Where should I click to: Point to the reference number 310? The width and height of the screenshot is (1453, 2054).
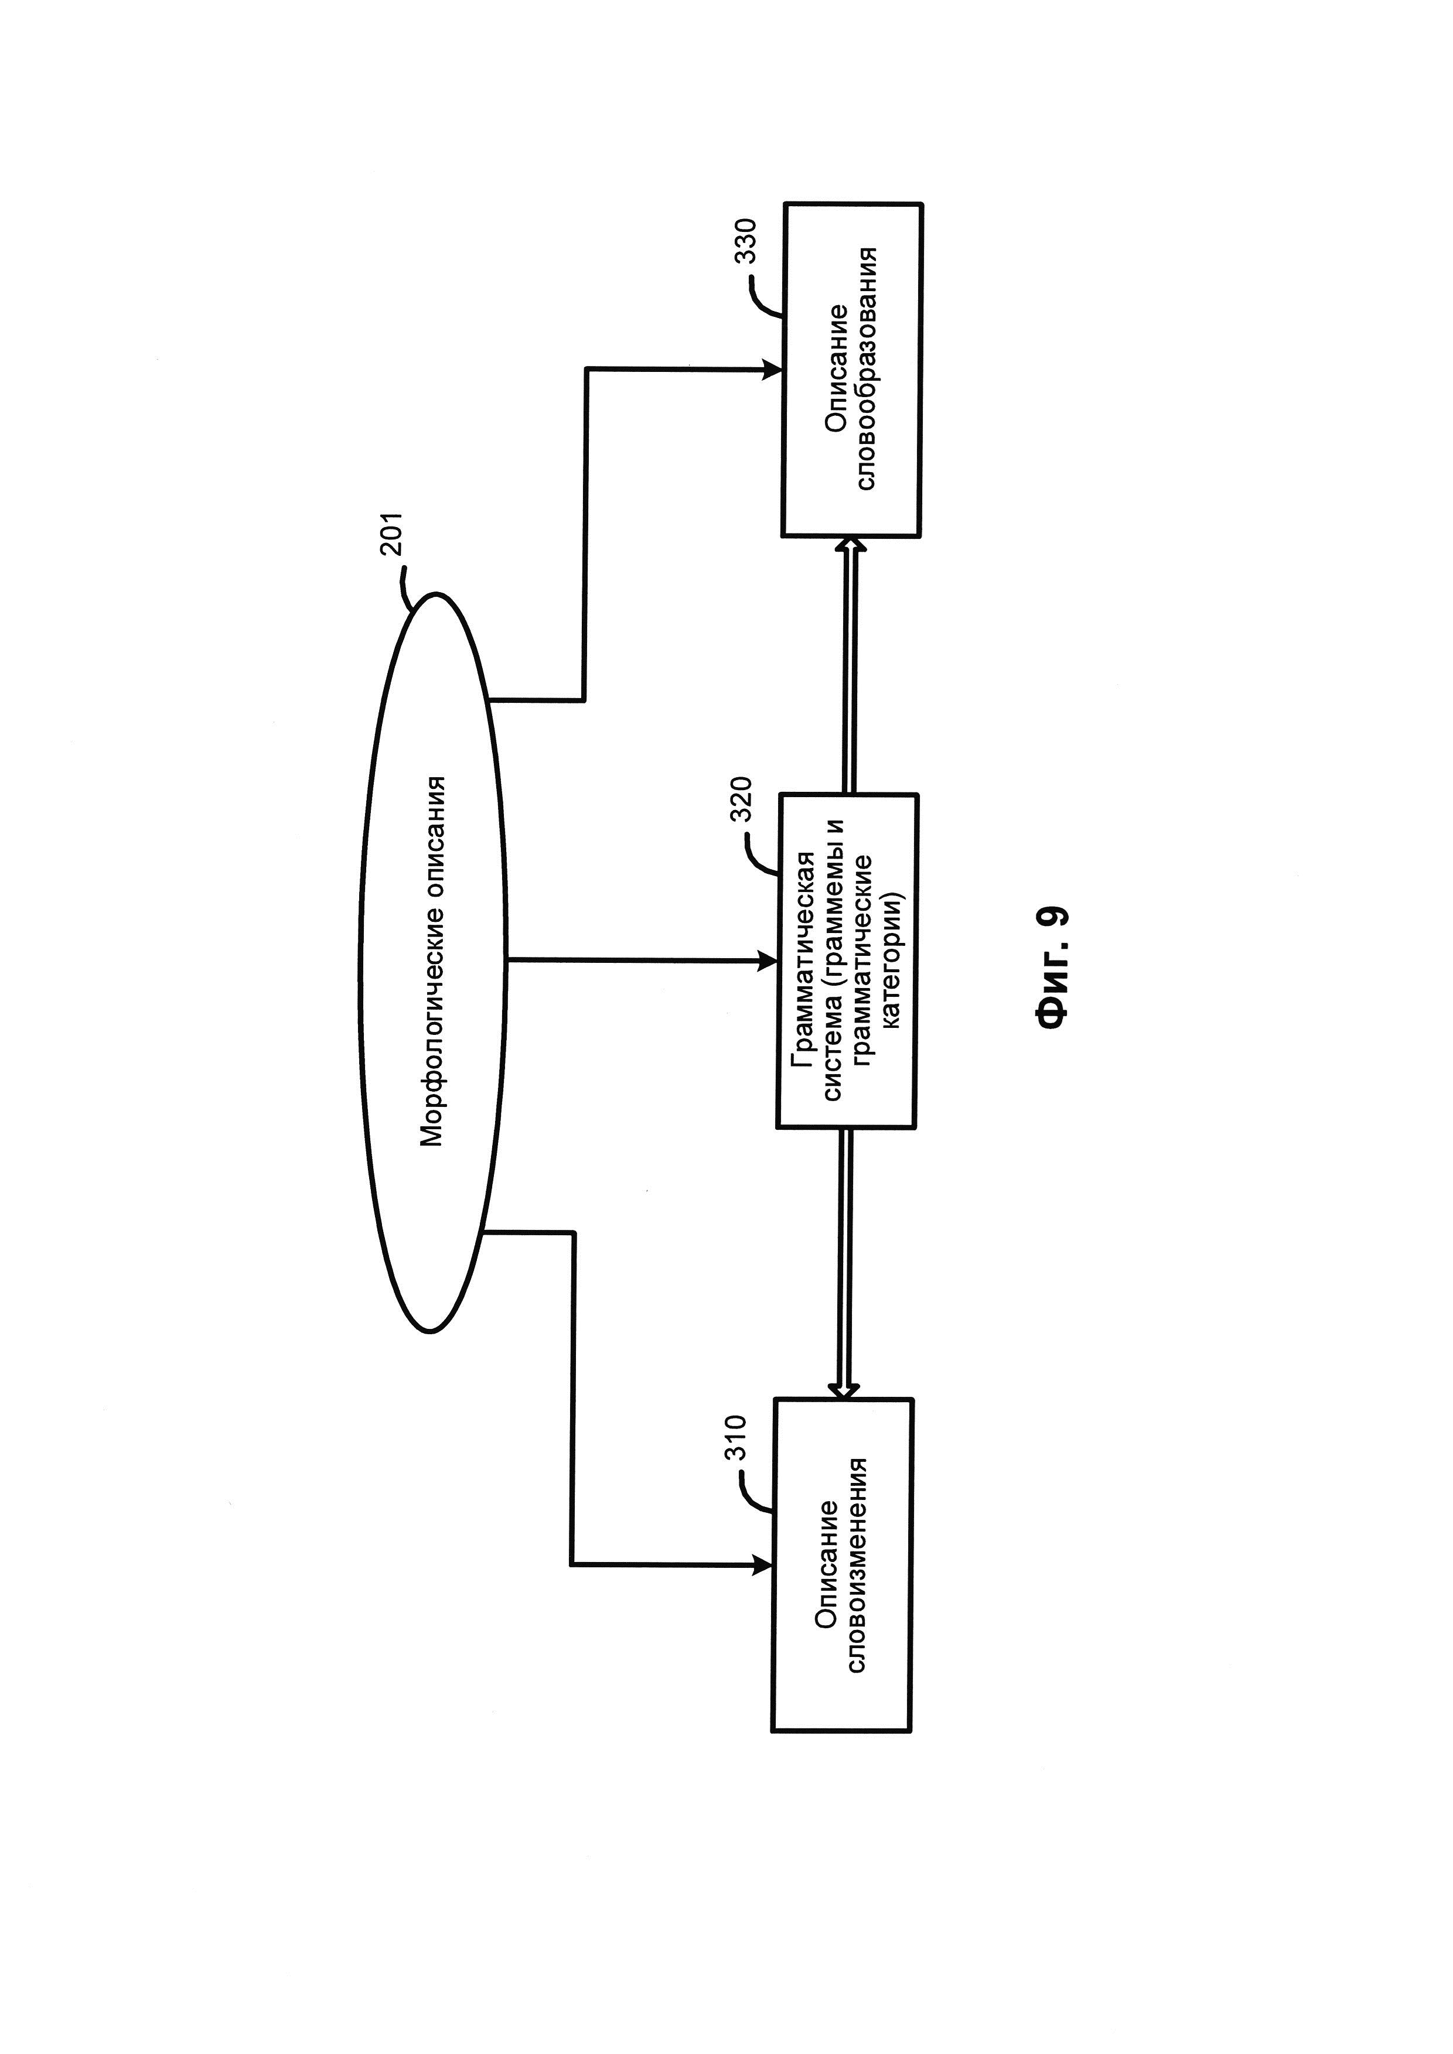735,1438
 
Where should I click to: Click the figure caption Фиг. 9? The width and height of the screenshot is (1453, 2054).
1052,970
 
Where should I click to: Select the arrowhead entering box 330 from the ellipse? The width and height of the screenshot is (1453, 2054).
772,368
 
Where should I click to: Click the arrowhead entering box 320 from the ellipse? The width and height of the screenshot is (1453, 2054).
768,961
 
